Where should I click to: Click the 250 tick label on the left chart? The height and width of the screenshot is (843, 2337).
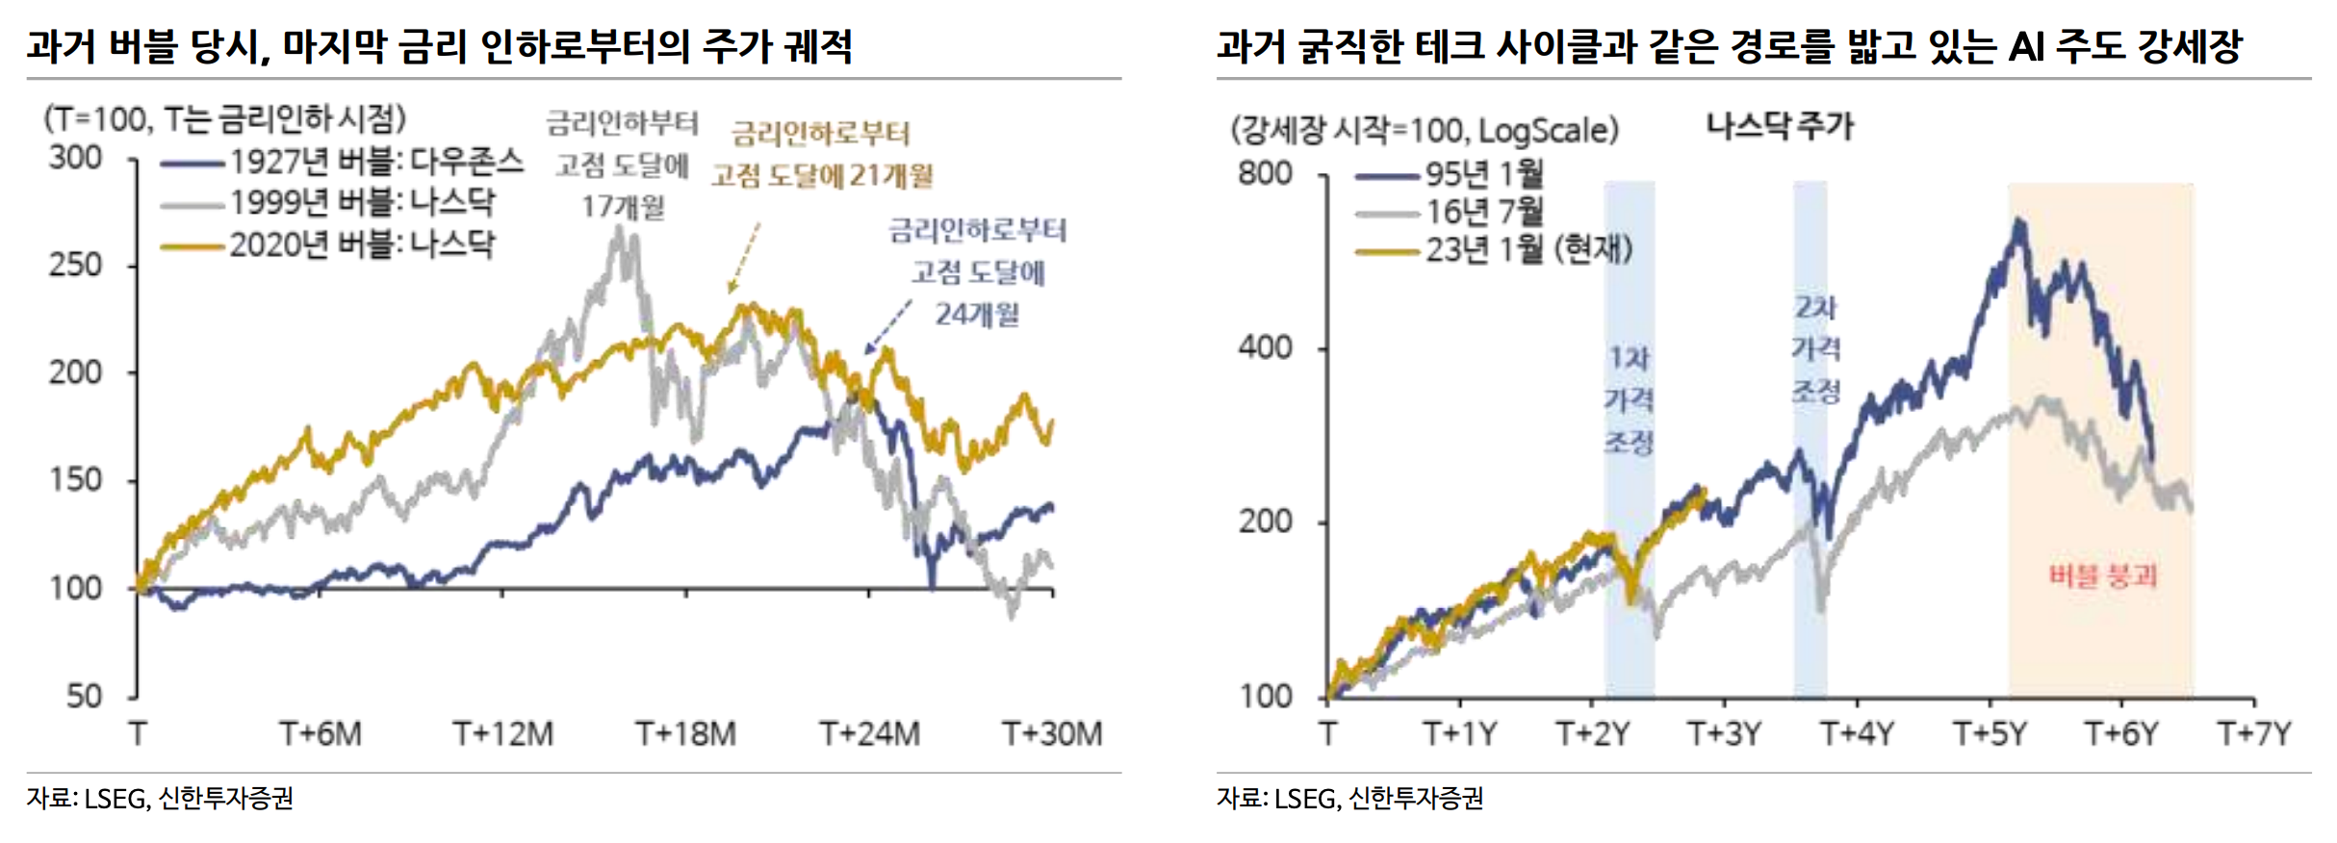75,265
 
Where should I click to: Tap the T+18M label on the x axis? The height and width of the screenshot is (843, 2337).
685,734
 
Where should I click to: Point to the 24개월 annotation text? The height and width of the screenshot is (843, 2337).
977,314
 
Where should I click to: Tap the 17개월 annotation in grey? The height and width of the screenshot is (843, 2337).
623,206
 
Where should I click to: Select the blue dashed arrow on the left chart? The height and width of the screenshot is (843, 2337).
887,327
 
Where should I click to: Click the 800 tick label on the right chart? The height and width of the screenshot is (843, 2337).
1265,173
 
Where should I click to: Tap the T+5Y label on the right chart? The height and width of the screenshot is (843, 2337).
1990,734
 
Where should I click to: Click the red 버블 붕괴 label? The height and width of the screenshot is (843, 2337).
2102,576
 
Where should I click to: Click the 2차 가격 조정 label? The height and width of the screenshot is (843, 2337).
1815,349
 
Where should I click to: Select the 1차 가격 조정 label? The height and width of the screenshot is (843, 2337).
1629,400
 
